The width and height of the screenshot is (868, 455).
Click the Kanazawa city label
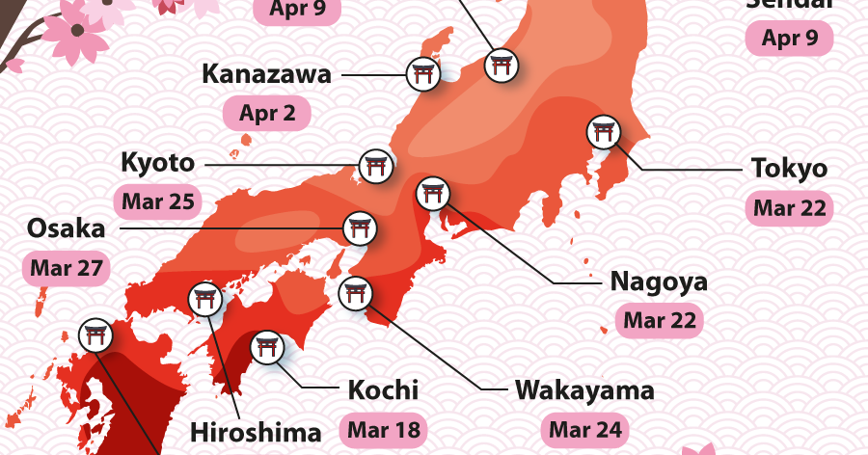click(266, 74)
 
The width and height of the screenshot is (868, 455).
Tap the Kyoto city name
click(157, 163)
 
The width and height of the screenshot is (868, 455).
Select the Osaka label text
click(66, 228)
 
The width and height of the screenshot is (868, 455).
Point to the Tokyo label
click(789, 168)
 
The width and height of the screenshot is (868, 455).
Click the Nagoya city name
click(659, 281)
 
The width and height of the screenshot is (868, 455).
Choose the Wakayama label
click(584, 390)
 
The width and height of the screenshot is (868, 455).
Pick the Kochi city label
click(383, 390)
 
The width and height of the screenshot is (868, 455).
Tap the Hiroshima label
click(255, 431)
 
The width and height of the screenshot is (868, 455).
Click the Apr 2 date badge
click(267, 114)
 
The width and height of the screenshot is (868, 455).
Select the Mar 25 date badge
click(158, 202)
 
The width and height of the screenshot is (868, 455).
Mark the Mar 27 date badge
click(66, 268)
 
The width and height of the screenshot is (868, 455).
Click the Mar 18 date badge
click(383, 428)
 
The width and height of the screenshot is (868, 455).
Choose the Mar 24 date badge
click(585, 428)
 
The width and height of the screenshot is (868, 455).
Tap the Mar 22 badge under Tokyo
click(789, 208)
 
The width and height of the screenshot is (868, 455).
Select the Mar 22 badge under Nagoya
click(660, 320)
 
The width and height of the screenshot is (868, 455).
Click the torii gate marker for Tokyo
click(604, 132)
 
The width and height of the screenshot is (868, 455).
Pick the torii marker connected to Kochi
click(266, 347)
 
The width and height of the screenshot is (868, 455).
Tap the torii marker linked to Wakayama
click(356, 291)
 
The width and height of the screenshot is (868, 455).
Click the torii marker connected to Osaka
click(361, 228)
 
